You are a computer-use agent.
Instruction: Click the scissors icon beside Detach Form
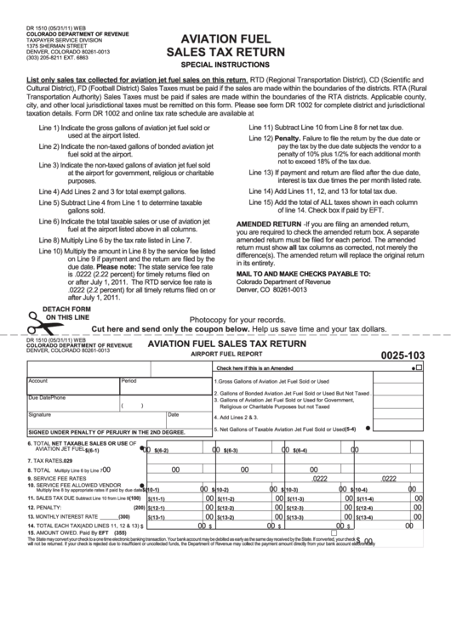coord(38,322)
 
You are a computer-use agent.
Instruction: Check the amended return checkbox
coord(418,368)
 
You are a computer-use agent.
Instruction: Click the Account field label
coord(37,381)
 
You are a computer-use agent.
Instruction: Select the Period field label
coord(128,381)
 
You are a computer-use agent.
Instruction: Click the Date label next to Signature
coord(173,415)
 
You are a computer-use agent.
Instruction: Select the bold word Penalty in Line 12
coord(286,138)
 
